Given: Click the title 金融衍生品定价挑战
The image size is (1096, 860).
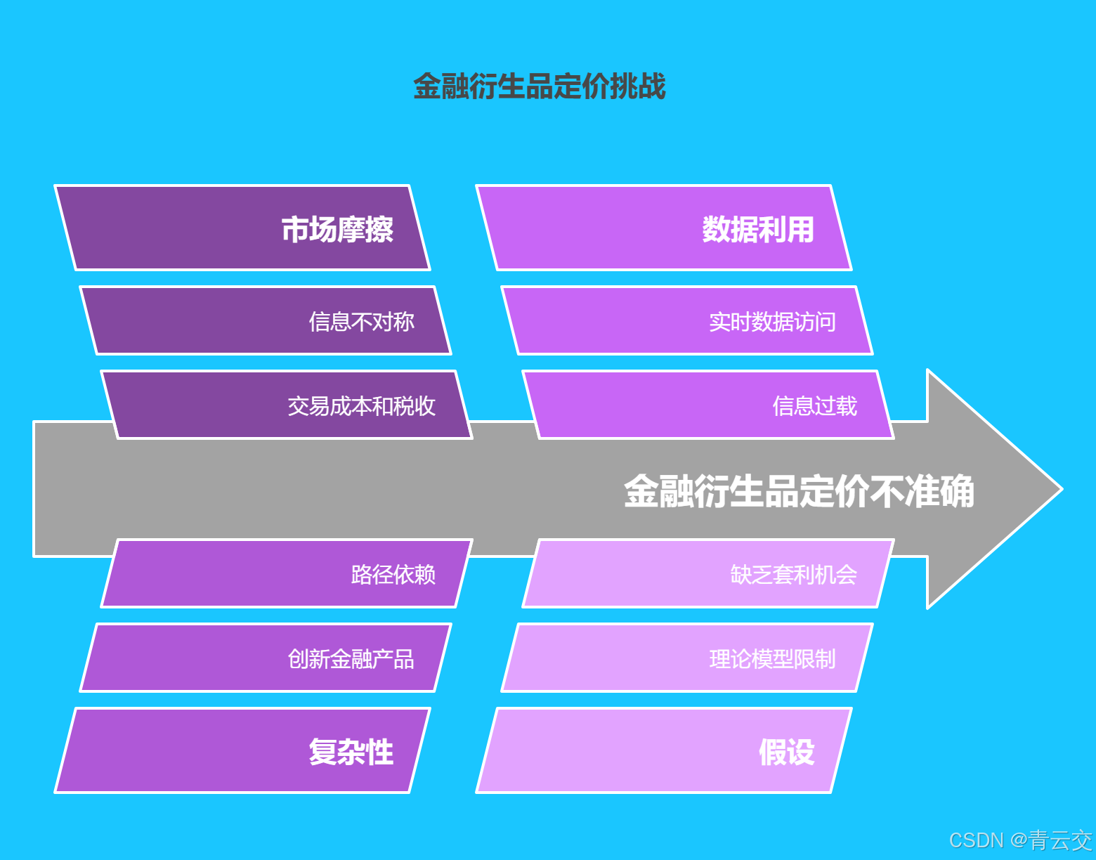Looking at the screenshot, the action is [x=539, y=86].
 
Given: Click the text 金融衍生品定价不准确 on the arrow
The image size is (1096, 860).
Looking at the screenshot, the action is [x=799, y=490].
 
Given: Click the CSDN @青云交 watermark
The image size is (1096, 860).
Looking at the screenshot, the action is [x=1020, y=840].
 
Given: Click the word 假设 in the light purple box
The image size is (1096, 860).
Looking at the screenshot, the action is [x=786, y=752].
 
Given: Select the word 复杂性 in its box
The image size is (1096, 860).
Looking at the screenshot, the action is [x=351, y=752].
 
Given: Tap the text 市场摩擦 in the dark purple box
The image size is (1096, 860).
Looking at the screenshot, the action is [x=337, y=229].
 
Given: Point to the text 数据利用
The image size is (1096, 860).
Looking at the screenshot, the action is [x=758, y=229].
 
